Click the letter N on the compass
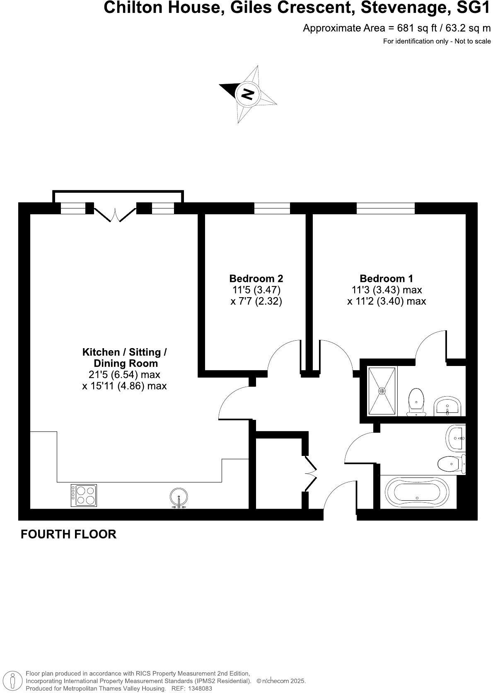[247, 94]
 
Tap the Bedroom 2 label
[256, 279]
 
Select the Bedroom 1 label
[386, 279]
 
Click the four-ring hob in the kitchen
[84, 495]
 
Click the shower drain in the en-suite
[382, 391]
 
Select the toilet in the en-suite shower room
[416, 401]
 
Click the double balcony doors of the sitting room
[115, 213]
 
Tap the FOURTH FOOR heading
[68, 534]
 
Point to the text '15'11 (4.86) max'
[124, 386]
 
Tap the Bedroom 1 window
[385, 208]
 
